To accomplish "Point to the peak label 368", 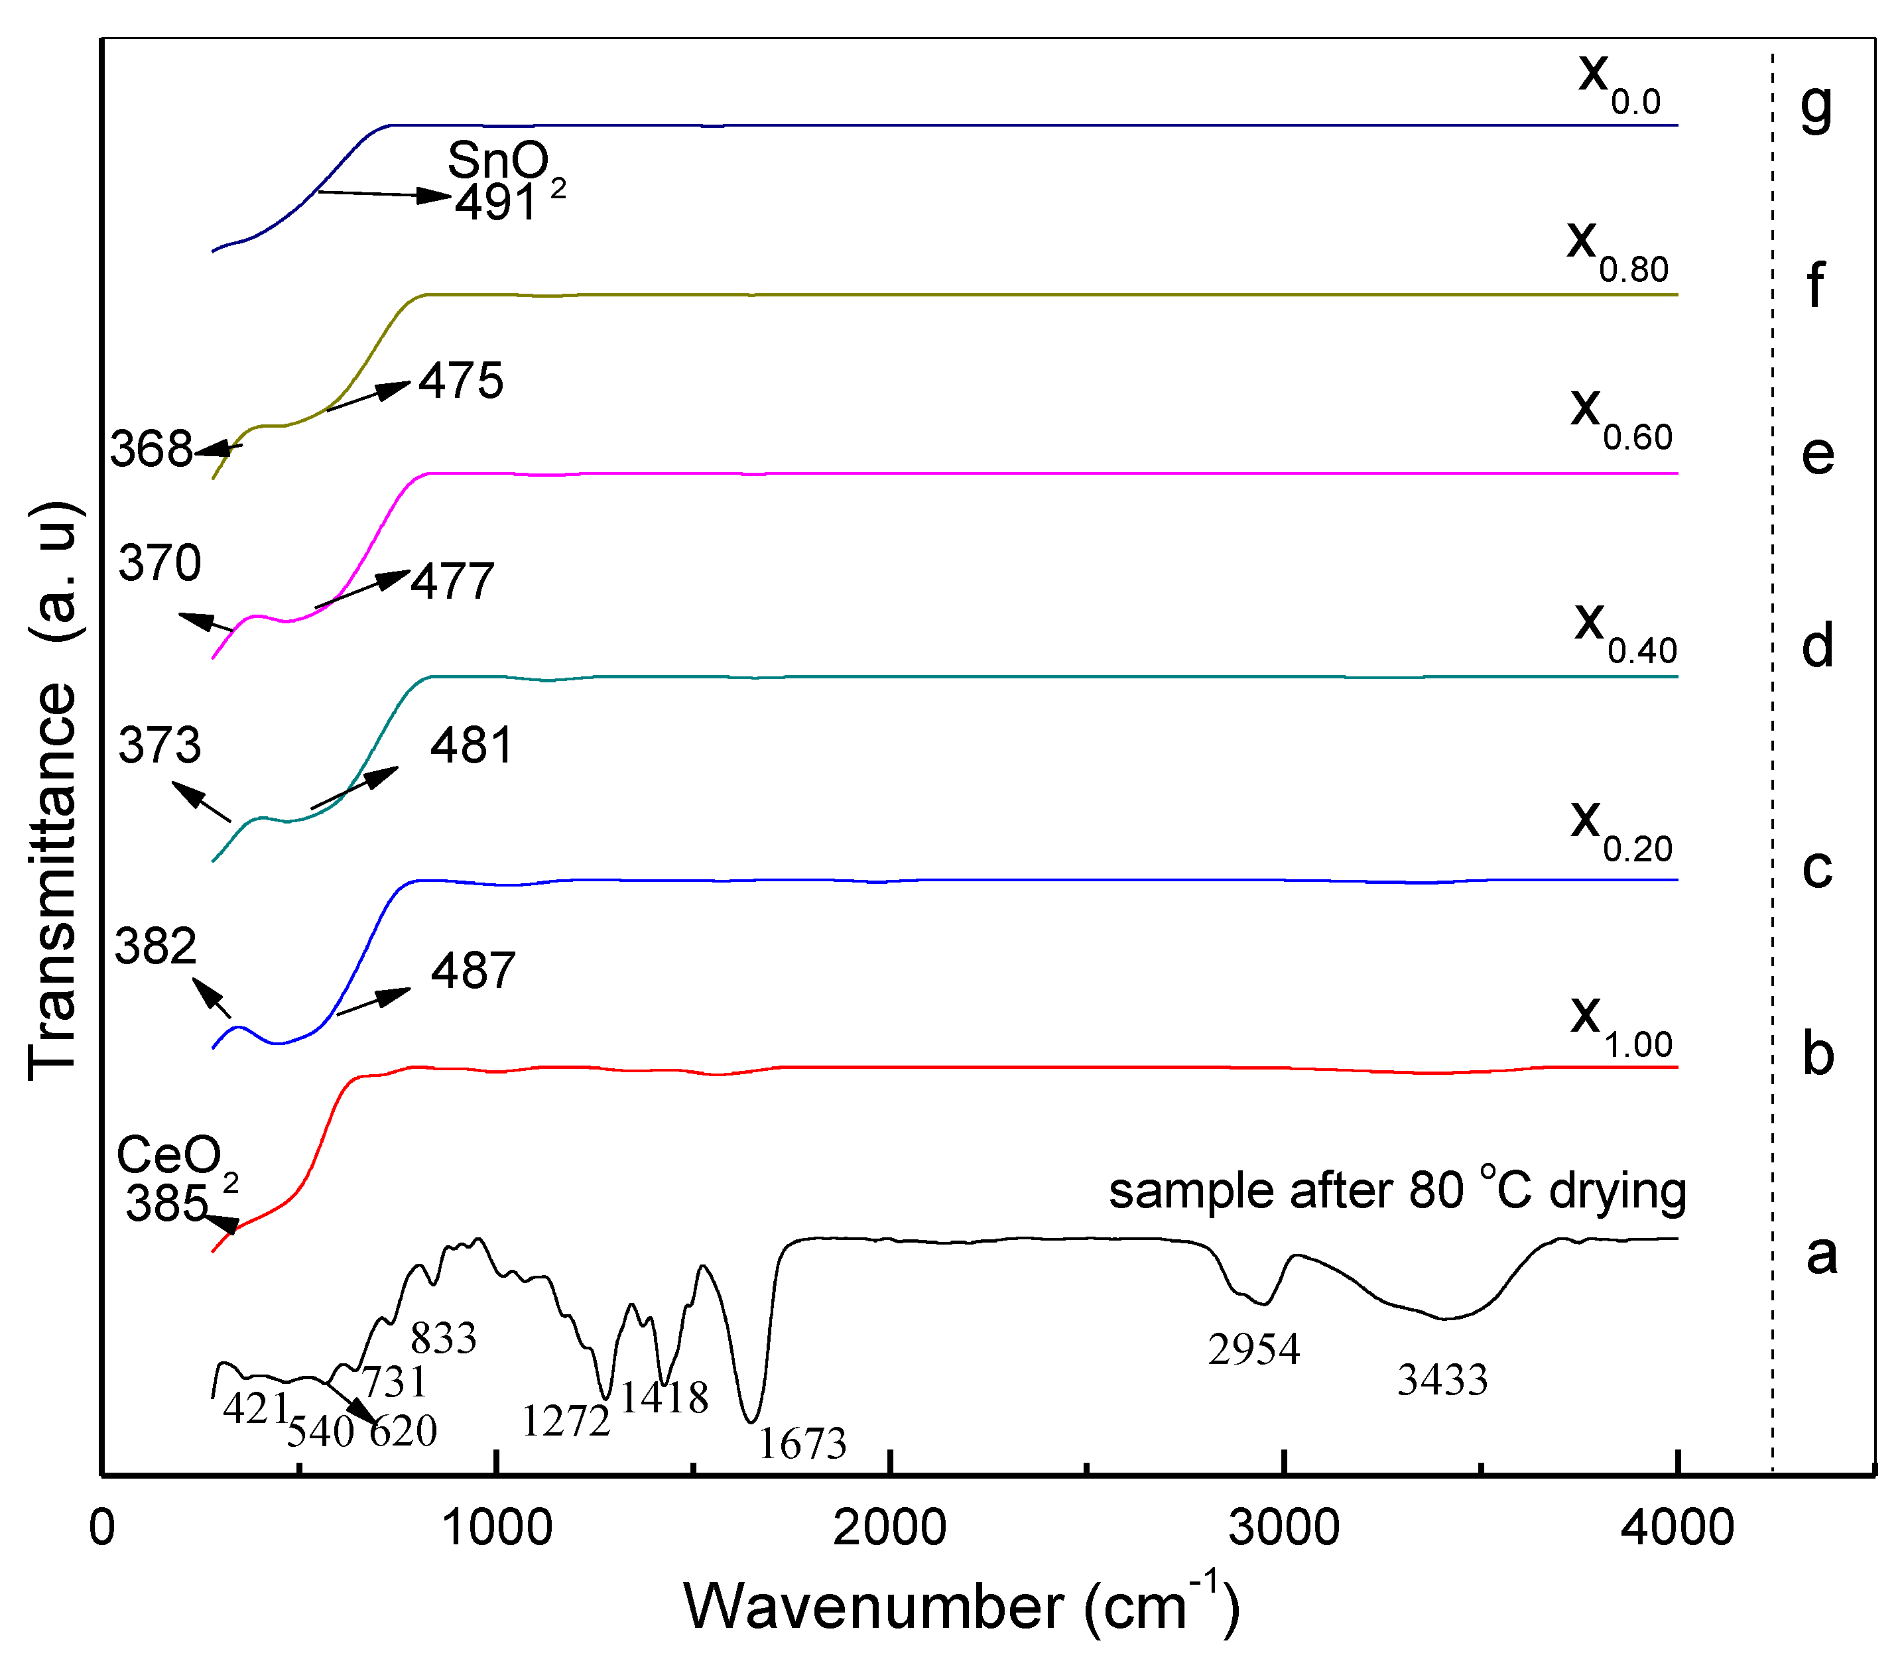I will pyautogui.click(x=151, y=450).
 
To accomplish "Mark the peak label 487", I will pyautogui.click(x=472, y=971).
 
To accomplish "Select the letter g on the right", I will pyautogui.click(x=1816, y=107).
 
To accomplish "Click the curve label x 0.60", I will pyautogui.click(x=1619, y=418).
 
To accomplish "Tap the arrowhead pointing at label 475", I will pyautogui.click(x=399, y=385).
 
